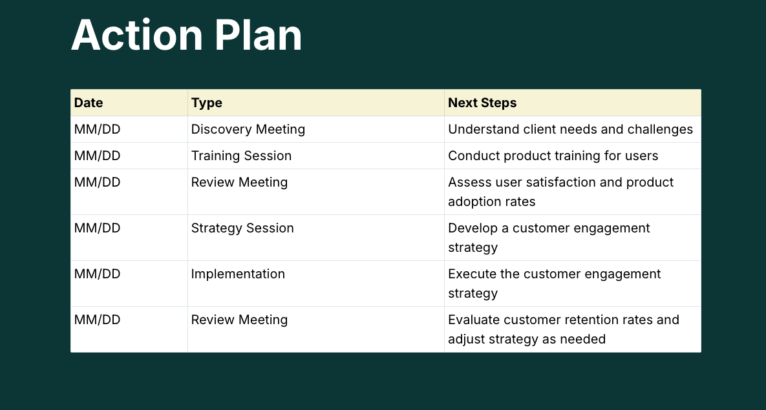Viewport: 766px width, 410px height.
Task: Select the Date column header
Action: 89,103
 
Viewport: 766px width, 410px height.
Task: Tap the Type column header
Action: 206,103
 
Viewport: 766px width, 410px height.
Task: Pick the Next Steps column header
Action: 482,103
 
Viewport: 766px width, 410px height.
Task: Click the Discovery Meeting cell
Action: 248,129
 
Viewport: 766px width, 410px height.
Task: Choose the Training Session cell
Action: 241,156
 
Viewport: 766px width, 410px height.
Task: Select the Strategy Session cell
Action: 242,228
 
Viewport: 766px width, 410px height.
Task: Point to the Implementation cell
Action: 238,274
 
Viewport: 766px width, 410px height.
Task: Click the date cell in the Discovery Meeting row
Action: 97,129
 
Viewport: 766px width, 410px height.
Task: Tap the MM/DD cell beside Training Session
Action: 97,156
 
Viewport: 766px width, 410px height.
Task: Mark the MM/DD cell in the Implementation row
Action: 97,274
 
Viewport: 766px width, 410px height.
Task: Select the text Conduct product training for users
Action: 553,156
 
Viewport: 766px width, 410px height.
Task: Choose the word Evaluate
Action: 473,320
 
